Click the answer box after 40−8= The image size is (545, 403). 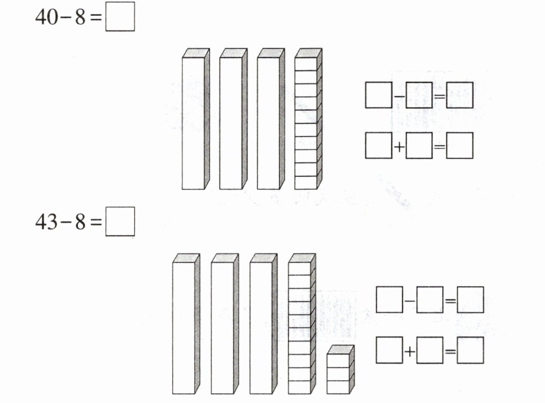click(120, 17)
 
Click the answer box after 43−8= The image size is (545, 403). click(120, 222)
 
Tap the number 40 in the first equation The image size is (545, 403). click(46, 18)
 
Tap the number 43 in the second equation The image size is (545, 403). click(46, 222)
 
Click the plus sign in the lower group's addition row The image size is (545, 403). click(410, 351)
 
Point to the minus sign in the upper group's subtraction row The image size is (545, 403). click(399, 96)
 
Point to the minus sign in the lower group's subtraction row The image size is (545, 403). click(410, 300)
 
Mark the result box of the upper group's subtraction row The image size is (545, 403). click(460, 95)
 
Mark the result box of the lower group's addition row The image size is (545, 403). click(470, 350)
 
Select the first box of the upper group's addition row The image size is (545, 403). click(379, 146)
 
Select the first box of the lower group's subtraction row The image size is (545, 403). click(389, 300)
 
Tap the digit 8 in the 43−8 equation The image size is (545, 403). click(80, 222)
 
